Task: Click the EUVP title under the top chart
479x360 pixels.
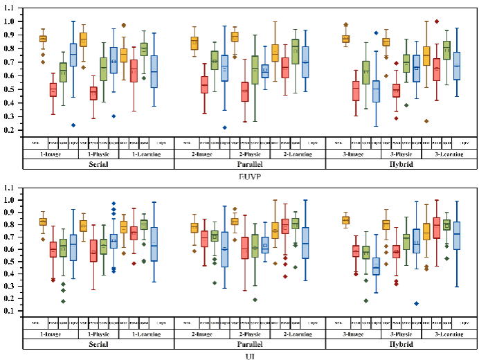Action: [239, 177]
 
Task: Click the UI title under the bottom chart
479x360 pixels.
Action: [239, 356]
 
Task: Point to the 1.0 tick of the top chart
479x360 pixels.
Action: [12, 21]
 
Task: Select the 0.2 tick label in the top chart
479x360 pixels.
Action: [12, 130]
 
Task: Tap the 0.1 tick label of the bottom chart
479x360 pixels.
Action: [12, 312]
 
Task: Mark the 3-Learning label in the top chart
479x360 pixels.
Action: [450, 154]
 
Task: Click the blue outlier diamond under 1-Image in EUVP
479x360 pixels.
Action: [72, 125]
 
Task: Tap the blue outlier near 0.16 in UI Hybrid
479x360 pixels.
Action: [417, 303]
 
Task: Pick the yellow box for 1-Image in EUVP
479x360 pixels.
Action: [43, 39]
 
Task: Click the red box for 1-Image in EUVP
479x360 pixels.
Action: [53, 90]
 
